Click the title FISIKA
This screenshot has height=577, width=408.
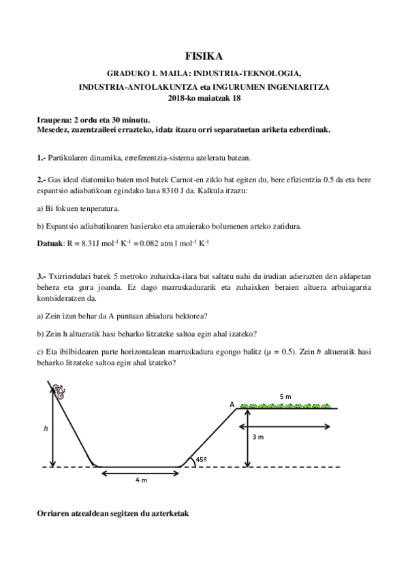tap(204, 57)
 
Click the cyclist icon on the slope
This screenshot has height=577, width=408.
tap(61, 391)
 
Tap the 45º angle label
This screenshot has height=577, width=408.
tap(202, 460)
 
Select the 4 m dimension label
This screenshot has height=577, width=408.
tap(140, 480)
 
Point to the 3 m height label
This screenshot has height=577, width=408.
tap(257, 437)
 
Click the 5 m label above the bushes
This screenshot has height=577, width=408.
tap(285, 396)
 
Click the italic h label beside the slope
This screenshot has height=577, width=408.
tap(46, 428)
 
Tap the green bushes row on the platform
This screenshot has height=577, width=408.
tap(286, 406)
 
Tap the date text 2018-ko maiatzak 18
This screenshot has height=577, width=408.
tap(204, 98)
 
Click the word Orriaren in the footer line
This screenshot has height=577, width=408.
tap(54, 512)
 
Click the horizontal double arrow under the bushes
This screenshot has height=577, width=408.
tap(285, 427)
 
